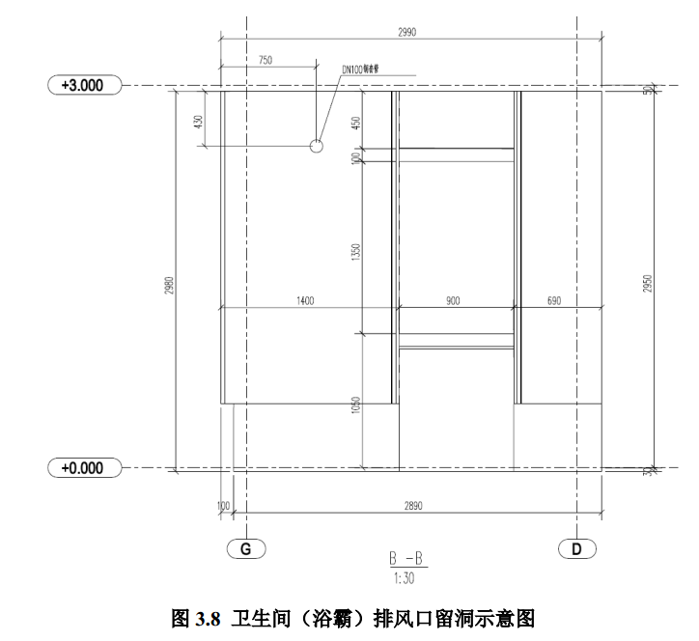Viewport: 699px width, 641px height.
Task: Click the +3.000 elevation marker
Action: [x=83, y=85]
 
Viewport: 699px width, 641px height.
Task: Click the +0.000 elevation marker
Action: [x=83, y=468]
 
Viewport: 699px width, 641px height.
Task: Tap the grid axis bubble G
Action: [x=245, y=548]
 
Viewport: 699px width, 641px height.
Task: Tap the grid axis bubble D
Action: [x=576, y=548]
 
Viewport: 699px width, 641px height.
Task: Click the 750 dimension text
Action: [x=266, y=60]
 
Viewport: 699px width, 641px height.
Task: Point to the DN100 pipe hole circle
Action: [x=316, y=146]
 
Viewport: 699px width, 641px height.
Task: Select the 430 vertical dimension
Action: [x=198, y=123]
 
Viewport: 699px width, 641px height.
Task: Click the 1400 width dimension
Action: [x=306, y=301]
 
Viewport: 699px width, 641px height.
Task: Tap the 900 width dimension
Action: [x=453, y=301]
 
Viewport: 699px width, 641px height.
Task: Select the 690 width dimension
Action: [x=554, y=301]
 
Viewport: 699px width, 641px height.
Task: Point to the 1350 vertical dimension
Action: [x=355, y=253]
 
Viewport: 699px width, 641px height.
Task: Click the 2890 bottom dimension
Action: [x=413, y=505]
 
